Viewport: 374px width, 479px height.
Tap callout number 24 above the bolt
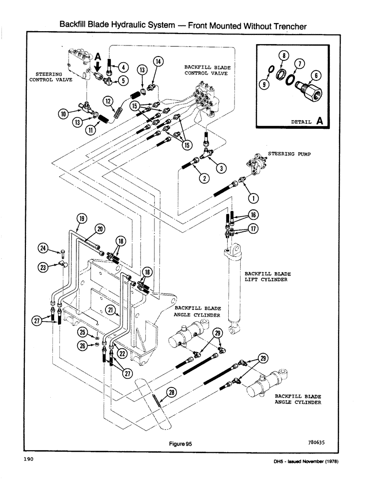[x=43, y=248]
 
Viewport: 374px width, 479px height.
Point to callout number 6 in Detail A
[x=316, y=74]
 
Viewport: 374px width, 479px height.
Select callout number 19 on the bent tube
[x=81, y=220]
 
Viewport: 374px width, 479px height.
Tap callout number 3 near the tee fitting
[x=221, y=168]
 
